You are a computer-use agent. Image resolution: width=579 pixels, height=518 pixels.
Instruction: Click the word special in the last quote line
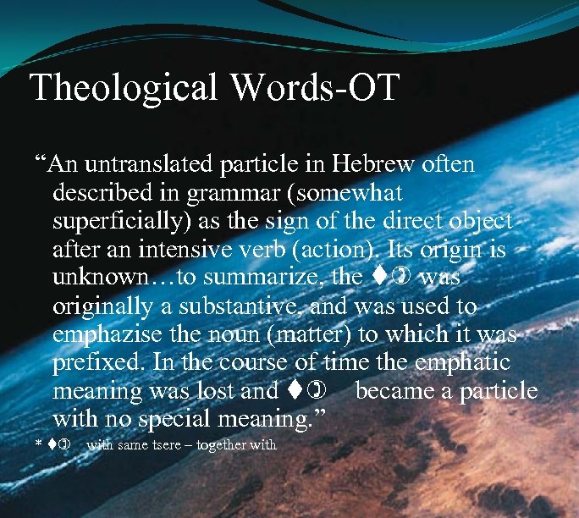click(196, 419)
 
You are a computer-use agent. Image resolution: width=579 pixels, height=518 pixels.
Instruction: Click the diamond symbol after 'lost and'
click(289, 391)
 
